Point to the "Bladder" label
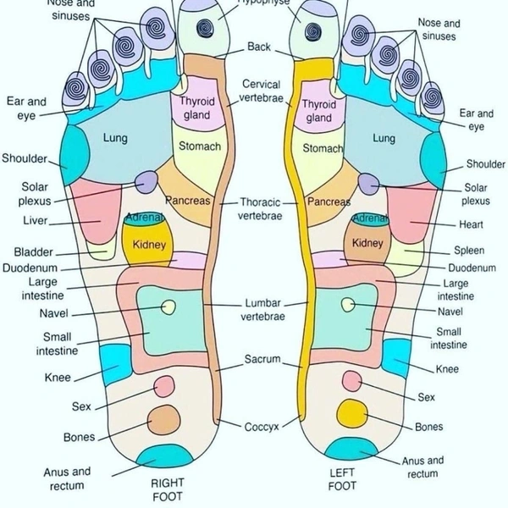point(33,251)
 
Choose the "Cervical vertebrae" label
point(262,91)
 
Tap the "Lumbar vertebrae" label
point(264,309)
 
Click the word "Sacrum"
point(262,360)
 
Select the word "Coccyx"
point(262,426)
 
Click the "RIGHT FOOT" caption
point(167,489)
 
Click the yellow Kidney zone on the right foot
point(148,246)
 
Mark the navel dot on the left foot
point(346,304)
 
